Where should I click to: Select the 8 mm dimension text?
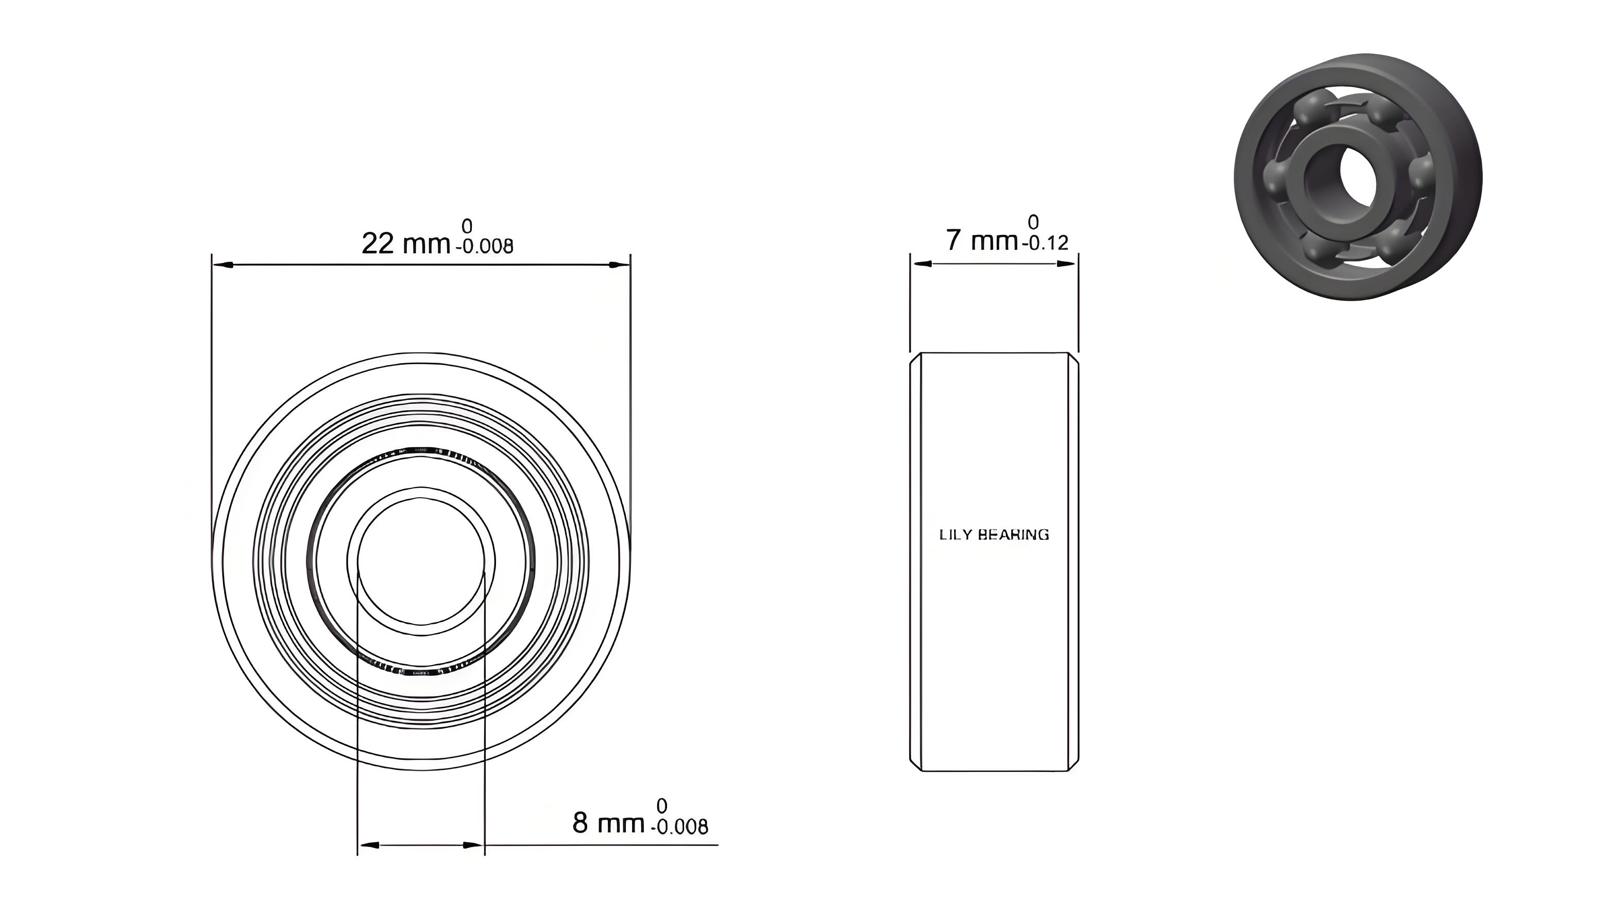click(608, 823)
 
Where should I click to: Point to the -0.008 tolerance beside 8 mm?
click(682, 826)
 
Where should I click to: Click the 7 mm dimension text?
click(982, 240)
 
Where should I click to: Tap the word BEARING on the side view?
click(1014, 535)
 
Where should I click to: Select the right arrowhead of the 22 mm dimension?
click(620, 264)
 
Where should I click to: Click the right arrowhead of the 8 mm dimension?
click(473, 844)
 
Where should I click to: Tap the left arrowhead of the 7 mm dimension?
click(920, 264)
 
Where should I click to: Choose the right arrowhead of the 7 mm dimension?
click(1067, 264)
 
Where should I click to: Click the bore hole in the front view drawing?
click(421, 561)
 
